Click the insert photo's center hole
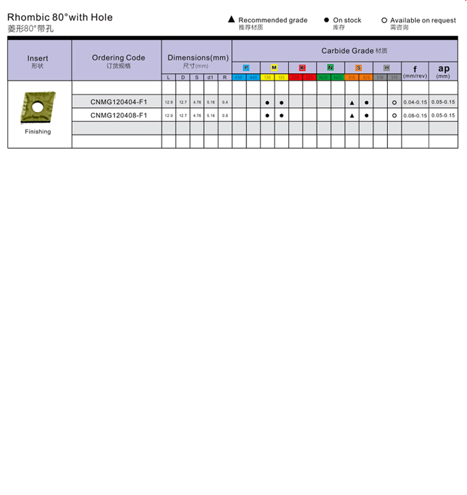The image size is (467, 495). click(37, 107)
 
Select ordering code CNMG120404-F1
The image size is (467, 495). click(118, 102)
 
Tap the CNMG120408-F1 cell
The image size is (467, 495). click(118, 115)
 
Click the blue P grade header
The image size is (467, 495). click(246, 67)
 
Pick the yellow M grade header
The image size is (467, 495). click(274, 67)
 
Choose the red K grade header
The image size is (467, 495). click(302, 67)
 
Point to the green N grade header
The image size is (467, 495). click(330, 67)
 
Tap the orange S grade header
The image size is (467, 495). click(358, 67)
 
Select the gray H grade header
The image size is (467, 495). click(387, 67)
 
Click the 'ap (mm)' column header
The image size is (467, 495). click(443, 71)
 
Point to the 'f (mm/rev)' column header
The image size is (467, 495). click(415, 71)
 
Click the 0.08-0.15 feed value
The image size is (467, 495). click(415, 115)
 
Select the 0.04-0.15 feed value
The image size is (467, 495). click(415, 102)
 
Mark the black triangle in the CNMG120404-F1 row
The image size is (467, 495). click(352, 102)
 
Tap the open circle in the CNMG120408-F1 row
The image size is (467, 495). click(394, 115)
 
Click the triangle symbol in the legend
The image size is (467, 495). click(232, 20)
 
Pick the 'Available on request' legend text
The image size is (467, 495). click(423, 20)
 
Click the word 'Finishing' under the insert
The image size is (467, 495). click(38, 132)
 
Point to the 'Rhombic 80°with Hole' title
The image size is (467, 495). click(60, 17)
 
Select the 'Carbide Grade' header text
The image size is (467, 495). click(347, 50)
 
